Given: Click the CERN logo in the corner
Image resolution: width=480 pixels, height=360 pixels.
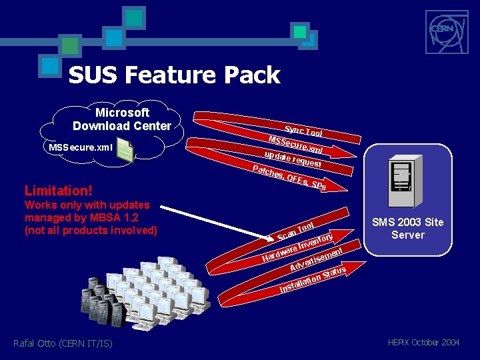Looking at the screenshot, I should click(441, 29).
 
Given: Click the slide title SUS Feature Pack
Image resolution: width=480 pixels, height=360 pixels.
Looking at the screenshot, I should click(174, 75).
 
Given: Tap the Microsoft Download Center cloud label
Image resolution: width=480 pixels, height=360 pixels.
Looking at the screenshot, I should click(122, 119).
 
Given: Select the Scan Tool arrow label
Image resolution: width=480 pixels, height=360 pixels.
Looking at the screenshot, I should click(296, 230).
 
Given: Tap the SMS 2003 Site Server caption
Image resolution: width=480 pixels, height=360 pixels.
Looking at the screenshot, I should click(408, 229).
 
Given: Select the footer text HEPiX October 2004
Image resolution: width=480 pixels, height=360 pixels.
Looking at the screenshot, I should click(423, 342).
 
